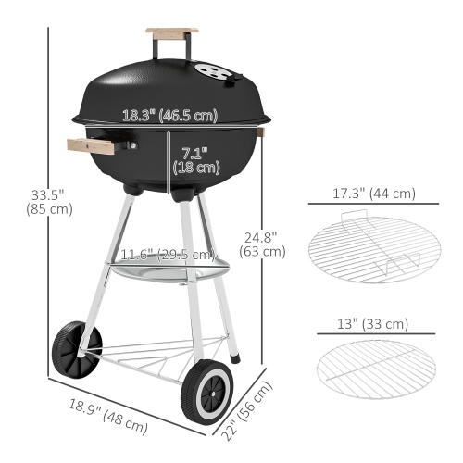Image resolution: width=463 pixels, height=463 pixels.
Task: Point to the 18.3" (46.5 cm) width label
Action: click(169, 116)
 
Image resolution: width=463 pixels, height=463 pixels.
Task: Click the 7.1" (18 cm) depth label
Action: click(200, 159)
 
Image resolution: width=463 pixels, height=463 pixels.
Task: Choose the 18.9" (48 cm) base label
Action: click(109, 415)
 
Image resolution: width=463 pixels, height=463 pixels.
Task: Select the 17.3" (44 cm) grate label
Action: click(373, 195)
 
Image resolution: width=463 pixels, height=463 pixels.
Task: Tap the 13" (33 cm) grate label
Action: click(374, 323)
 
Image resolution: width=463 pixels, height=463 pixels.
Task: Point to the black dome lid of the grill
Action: click(167, 83)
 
